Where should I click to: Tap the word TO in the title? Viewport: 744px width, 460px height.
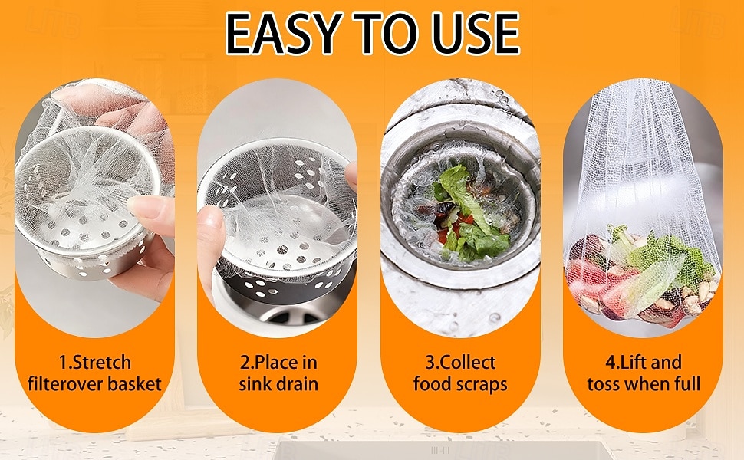[x=387, y=34]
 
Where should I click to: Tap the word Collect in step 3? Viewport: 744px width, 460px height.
[x=467, y=363]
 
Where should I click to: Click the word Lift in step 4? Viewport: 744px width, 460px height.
[x=634, y=363]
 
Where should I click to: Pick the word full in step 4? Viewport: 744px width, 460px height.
[x=687, y=383]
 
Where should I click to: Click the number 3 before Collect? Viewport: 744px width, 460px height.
[x=430, y=363]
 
